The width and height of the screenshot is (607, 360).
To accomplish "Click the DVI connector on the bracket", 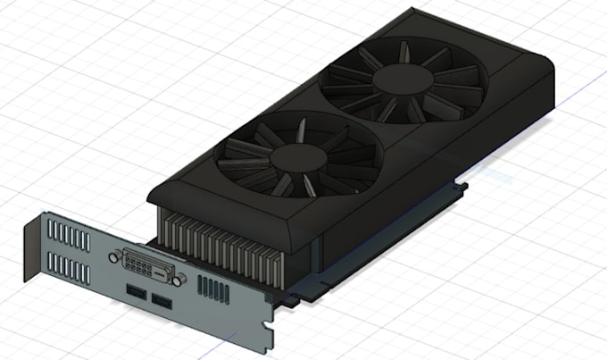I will click(x=145, y=264).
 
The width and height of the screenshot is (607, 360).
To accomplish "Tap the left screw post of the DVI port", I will click(x=112, y=256).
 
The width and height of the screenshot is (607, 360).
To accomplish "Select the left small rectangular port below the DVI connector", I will click(x=136, y=292).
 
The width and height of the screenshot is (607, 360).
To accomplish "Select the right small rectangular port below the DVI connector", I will click(x=160, y=299).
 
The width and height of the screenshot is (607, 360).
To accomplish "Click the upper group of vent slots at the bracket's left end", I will click(x=70, y=236).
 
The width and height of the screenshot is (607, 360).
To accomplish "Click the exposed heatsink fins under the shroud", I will click(x=223, y=246).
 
